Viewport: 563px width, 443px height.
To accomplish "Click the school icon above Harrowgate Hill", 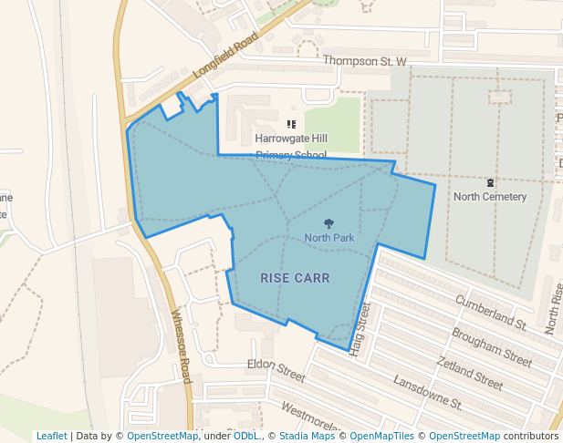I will point(291,124).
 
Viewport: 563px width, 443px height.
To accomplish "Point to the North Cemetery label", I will point(490,197).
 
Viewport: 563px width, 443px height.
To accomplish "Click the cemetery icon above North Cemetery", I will point(490,182).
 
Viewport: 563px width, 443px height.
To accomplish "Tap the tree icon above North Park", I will point(328,223).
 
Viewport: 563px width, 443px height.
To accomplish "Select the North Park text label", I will point(329,238).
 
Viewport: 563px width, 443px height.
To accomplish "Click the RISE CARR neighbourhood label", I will point(295,278).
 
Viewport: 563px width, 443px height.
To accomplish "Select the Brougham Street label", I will point(491,347).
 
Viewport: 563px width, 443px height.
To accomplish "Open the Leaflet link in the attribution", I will point(51,436).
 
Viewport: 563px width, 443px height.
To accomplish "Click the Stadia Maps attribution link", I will point(307,436).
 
